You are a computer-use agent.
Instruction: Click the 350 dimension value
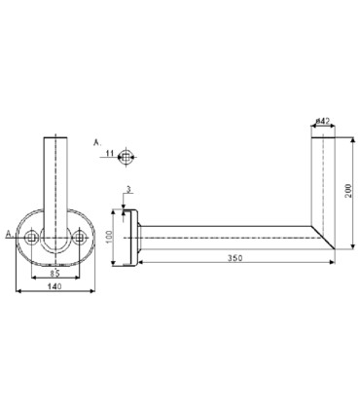click(x=234, y=258)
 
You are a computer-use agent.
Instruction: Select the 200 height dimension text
click(x=348, y=192)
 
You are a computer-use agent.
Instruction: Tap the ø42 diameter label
click(x=323, y=121)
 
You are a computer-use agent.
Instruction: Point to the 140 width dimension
click(x=54, y=286)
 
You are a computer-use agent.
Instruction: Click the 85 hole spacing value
click(x=54, y=273)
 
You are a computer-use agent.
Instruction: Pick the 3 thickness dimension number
click(x=128, y=190)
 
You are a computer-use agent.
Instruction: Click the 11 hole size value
click(x=111, y=152)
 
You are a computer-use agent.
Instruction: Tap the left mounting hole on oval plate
click(x=31, y=238)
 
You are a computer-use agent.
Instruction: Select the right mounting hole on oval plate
click(x=80, y=238)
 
